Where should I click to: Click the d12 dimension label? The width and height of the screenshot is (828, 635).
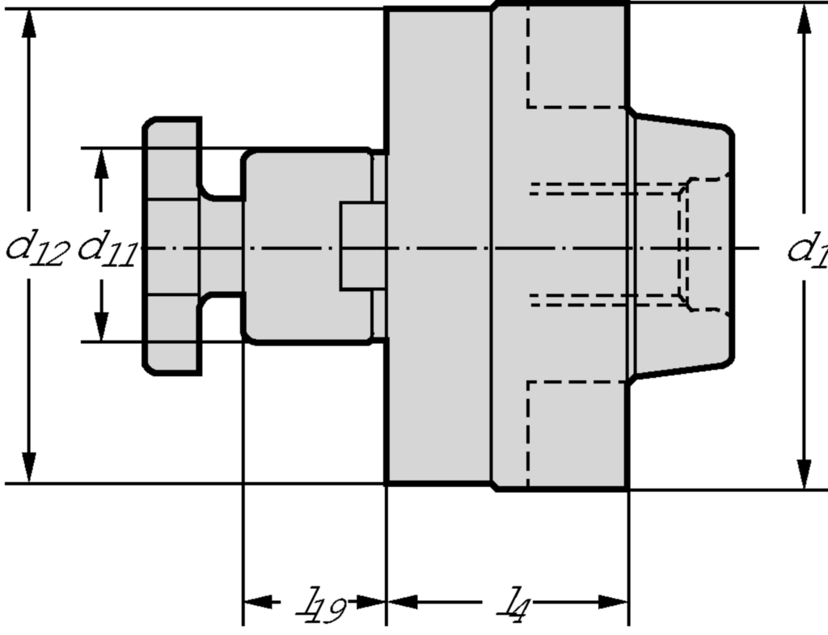click(37, 248)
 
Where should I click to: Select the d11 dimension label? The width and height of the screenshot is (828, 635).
click(106, 248)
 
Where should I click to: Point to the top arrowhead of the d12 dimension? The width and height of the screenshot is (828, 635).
click(29, 24)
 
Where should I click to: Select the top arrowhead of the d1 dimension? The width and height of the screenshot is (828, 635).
click(804, 19)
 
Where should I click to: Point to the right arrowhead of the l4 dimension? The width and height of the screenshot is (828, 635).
click(614, 602)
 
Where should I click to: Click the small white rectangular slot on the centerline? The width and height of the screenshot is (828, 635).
click(362, 246)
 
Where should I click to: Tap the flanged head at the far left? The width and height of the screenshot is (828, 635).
click(171, 246)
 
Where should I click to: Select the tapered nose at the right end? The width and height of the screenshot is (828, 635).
click(683, 246)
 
